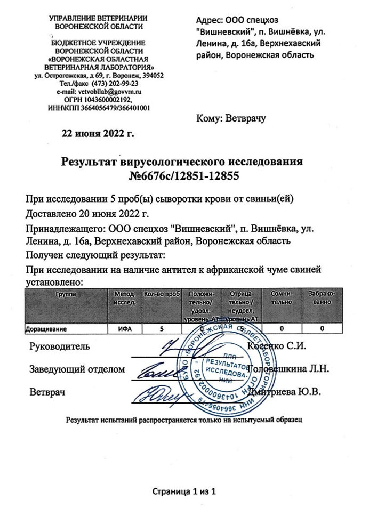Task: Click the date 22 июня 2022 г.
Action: tap(99, 133)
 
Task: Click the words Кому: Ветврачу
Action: tap(231, 119)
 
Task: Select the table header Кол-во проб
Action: tap(162, 294)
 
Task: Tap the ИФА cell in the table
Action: tap(125, 328)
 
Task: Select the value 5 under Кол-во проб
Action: tap(161, 328)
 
